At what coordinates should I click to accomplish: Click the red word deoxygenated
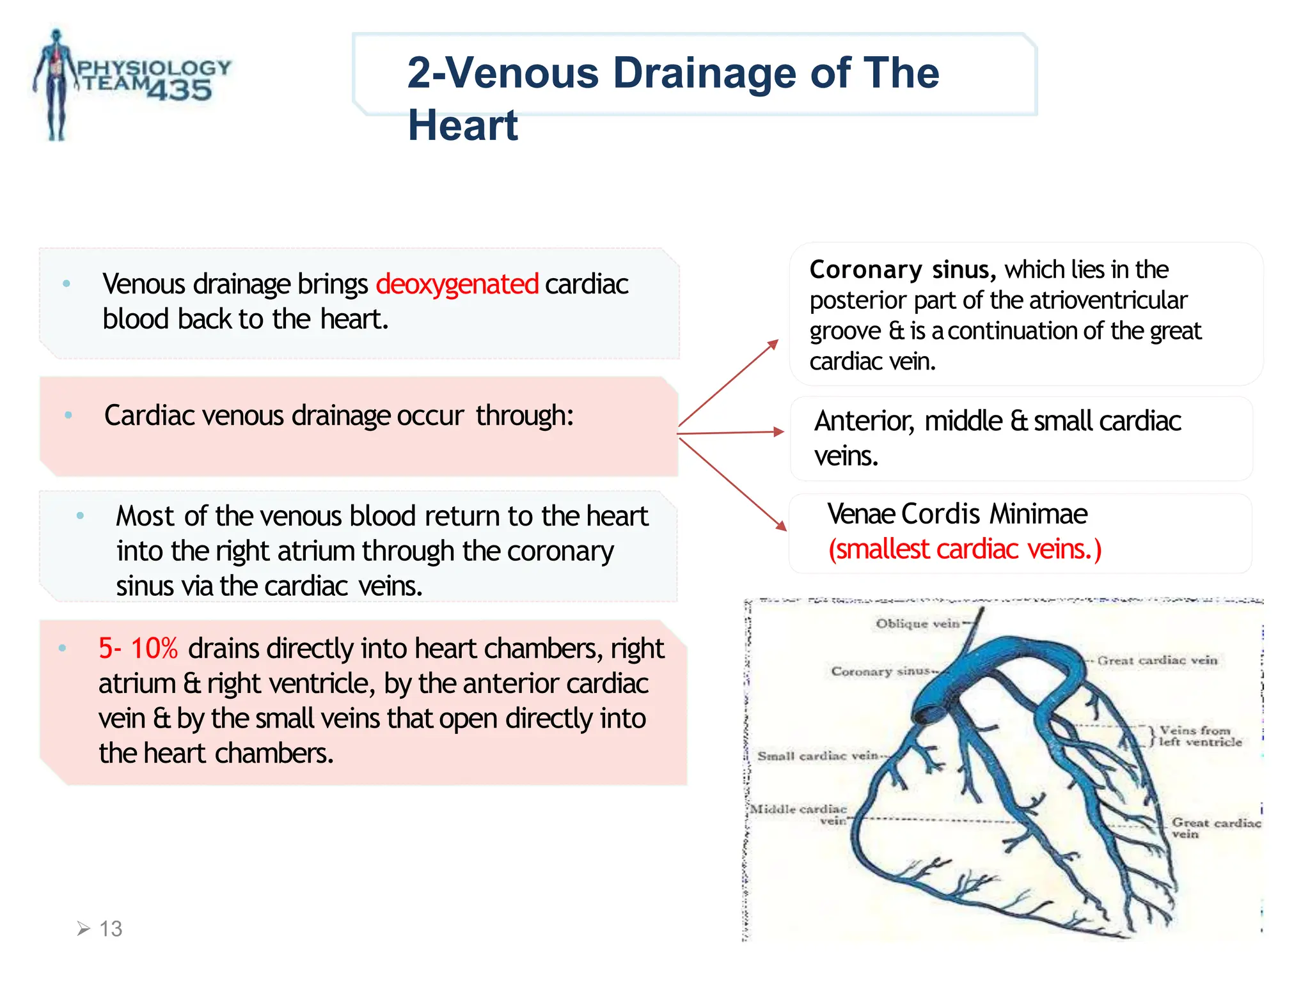(x=457, y=284)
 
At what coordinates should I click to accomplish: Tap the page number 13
(x=110, y=928)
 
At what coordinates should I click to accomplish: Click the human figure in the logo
(x=56, y=83)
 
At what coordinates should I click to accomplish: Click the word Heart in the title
(x=462, y=125)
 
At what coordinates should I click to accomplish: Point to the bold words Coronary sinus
(x=902, y=270)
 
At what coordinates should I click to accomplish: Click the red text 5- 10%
(x=138, y=648)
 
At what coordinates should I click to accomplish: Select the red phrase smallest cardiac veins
(x=965, y=549)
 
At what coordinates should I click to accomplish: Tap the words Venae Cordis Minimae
(x=957, y=514)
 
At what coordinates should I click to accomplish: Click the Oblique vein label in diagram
(x=917, y=623)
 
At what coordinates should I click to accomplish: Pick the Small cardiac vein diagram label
(x=817, y=756)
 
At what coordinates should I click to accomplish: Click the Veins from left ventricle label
(x=1200, y=736)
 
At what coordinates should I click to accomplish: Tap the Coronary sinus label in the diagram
(x=880, y=671)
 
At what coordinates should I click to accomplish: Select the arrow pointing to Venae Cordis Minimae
(x=733, y=485)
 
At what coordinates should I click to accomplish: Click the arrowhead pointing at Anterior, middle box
(x=778, y=432)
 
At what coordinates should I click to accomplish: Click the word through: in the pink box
(x=525, y=416)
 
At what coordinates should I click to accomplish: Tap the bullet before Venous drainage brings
(x=67, y=283)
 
